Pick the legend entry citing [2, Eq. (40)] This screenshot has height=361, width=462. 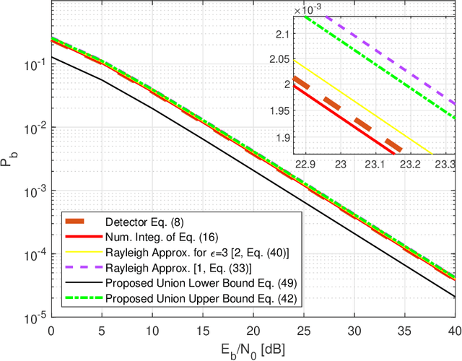click(178, 252)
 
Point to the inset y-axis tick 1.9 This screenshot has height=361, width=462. click(282, 138)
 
